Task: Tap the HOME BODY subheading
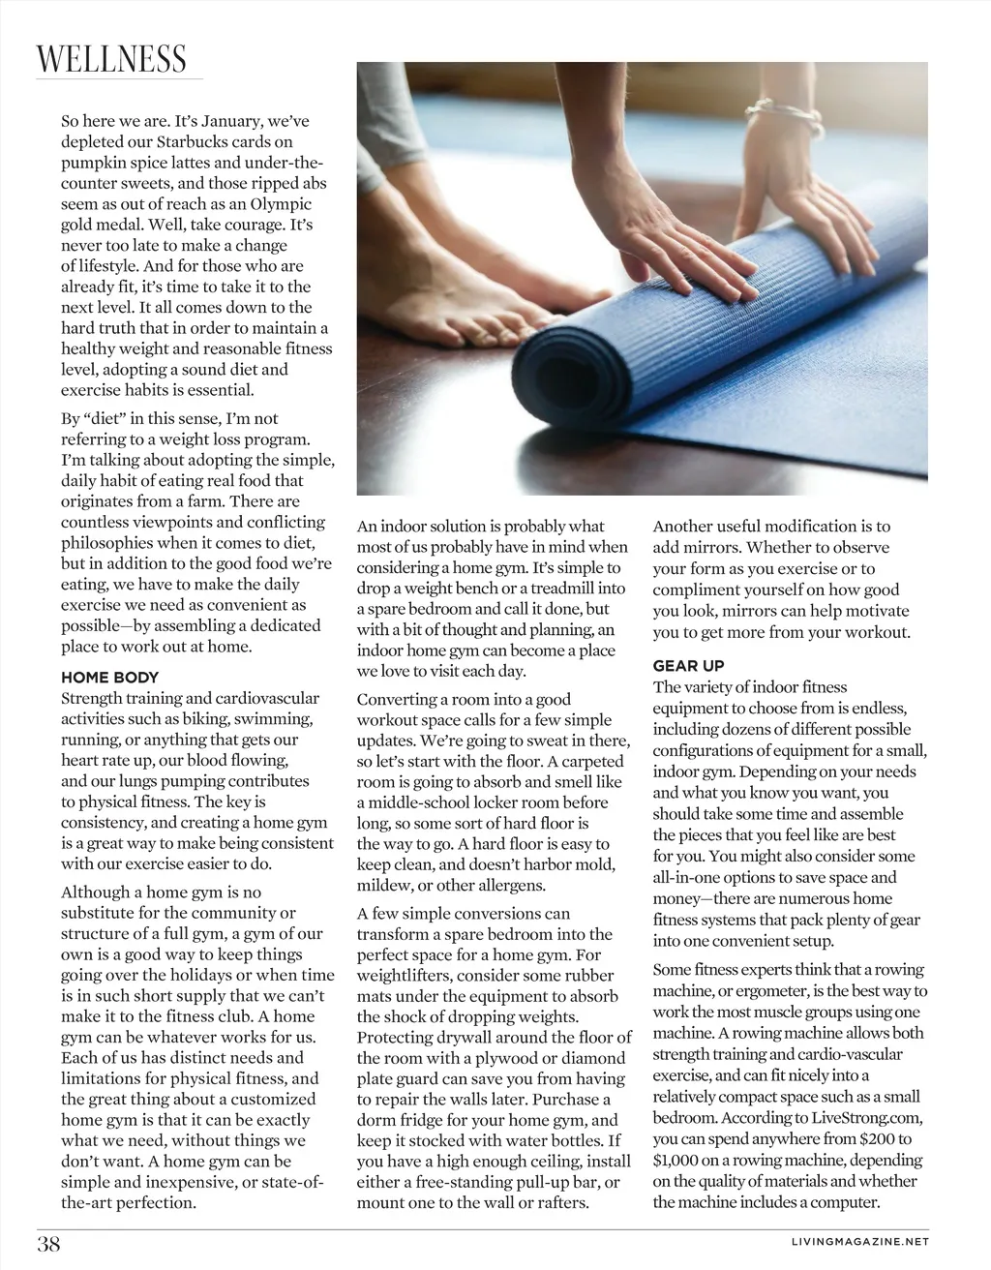click(x=109, y=678)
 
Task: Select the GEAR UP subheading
click(x=688, y=666)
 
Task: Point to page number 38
click(x=48, y=1244)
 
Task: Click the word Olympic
click(x=278, y=204)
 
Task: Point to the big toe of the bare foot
click(x=481, y=334)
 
